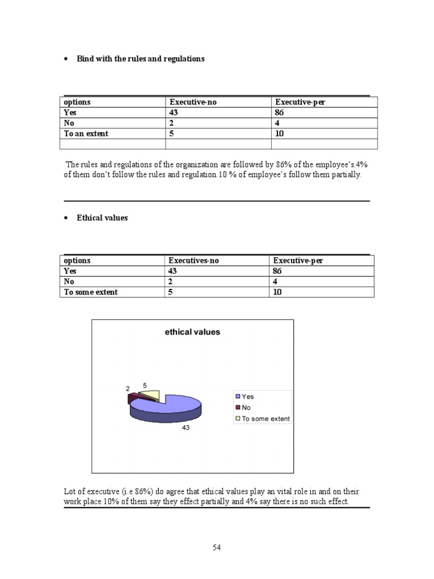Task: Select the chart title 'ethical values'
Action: coord(192,332)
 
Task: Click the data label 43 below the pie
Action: coord(185,428)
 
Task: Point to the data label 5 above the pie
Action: coord(145,384)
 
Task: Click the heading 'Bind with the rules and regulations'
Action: coord(141,59)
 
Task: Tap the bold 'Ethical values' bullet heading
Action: coord(102,218)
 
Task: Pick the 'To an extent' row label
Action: coord(86,134)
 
